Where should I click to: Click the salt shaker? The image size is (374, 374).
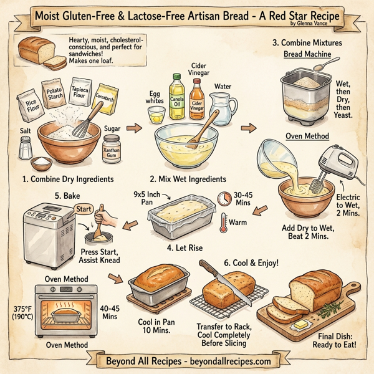(x=26, y=148)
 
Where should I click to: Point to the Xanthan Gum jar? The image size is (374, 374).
(x=112, y=154)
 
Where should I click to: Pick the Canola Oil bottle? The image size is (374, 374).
(x=177, y=97)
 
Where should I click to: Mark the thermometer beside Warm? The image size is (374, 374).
(x=224, y=222)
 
